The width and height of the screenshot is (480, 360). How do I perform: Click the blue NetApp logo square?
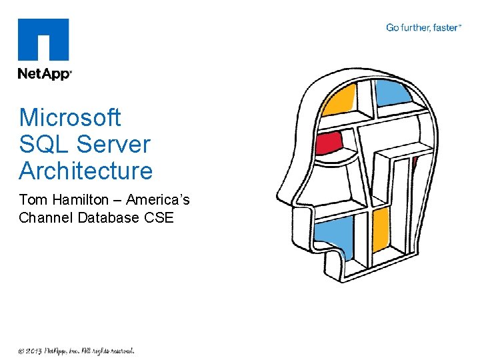tap(44, 40)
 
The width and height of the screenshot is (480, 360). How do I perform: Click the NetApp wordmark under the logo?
tap(44, 74)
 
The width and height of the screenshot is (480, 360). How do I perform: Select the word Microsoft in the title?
tap(70, 117)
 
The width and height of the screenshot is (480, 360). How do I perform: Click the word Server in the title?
tap(113, 144)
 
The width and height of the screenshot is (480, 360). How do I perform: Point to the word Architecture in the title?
tap(86, 171)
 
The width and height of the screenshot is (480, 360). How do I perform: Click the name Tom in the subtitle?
tap(31, 200)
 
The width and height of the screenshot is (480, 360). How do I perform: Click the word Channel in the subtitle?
tap(46, 217)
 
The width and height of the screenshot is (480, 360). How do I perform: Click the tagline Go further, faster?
tap(423, 28)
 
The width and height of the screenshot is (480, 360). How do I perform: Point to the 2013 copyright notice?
tap(76, 350)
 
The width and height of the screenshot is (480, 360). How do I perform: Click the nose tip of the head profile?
tap(280, 197)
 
